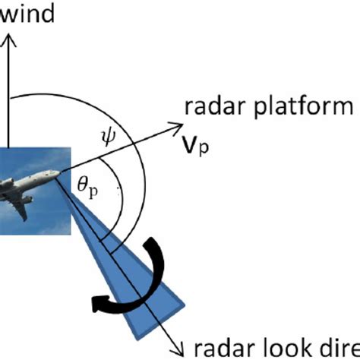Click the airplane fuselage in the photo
[30, 182]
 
